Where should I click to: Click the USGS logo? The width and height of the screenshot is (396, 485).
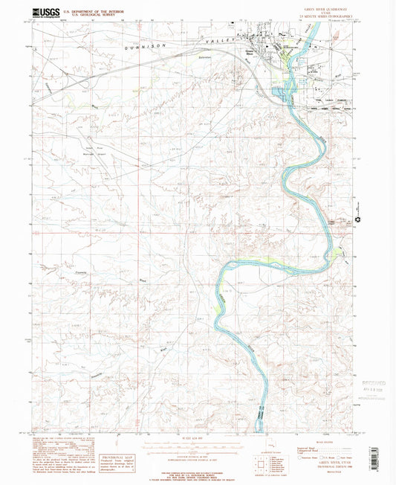pos(46,13)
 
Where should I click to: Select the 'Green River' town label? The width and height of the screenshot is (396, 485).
pos(251,51)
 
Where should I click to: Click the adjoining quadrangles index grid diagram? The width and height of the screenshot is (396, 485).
pos(267,464)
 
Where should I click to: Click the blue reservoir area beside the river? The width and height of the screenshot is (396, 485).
pos(282,91)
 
